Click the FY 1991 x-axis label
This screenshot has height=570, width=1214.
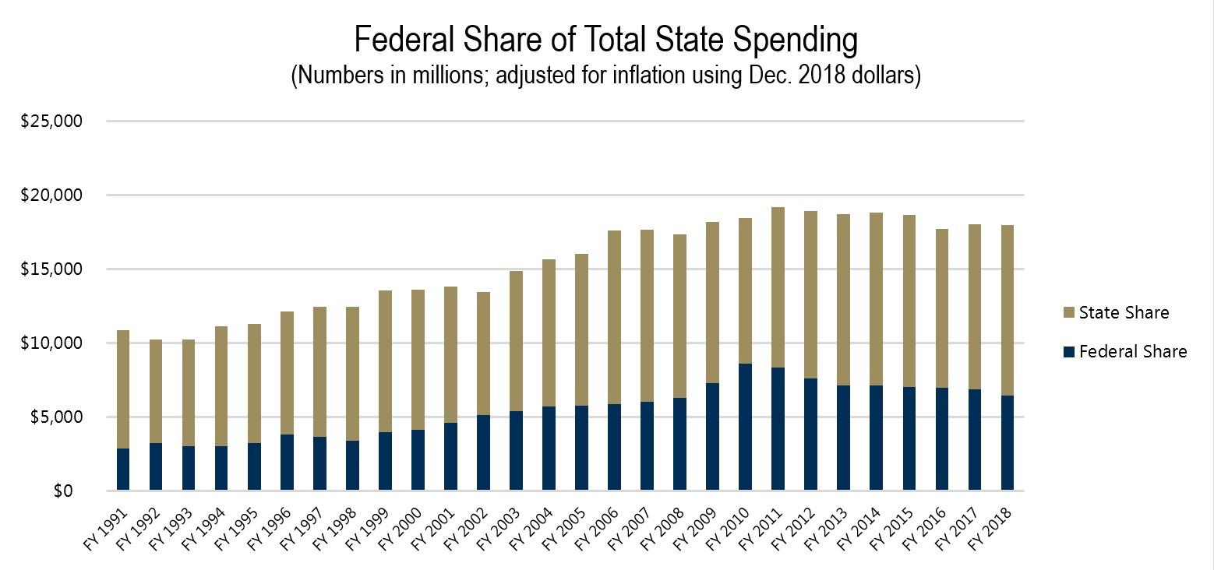pyautogui.click(x=108, y=530)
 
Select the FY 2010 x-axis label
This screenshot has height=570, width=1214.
pyautogui.click(x=730, y=530)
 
